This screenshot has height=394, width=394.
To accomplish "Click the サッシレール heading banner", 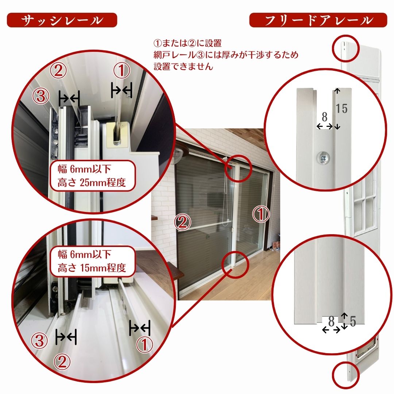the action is [62, 20].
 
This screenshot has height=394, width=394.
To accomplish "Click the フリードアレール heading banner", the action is [318, 20].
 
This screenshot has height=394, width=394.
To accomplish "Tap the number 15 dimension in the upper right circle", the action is [342, 109].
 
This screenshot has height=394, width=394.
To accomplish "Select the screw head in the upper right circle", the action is [323, 158].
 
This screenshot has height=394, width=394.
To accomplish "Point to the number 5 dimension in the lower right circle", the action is [353, 321].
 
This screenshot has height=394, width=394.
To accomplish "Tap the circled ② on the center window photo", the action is [183, 222].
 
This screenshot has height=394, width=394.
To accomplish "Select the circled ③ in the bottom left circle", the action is [39, 341].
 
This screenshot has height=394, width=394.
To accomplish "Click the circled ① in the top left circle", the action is [122, 70].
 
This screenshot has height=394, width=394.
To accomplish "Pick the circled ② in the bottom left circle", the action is [62, 362].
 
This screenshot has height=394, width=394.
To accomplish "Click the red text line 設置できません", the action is [184, 66].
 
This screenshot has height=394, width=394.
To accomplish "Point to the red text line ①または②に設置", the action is [188, 43].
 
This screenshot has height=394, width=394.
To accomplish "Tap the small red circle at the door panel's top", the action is [346, 49].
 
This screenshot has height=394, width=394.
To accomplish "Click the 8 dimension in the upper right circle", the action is [325, 117].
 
